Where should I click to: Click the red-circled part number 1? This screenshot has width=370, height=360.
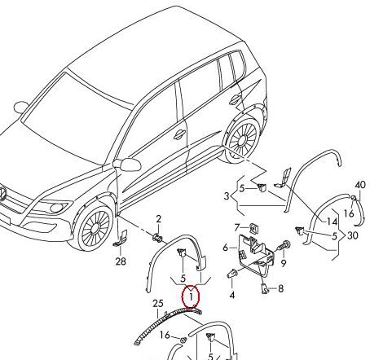pyautogui.click(x=192, y=296)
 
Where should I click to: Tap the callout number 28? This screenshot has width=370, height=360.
pyautogui.click(x=121, y=261)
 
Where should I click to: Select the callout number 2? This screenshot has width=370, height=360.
pyautogui.click(x=159, y=219)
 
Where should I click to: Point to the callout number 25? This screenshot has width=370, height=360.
pyautogui.click(x=158, y=304)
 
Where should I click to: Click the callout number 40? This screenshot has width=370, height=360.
pyautogui.click(x=360, y=185)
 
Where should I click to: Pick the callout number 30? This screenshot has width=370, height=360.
pyautogui.click(x=353, y=235)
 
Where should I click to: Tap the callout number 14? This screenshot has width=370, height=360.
pyautogui.click(x=332, y=222)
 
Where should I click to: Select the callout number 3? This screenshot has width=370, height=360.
pyautogui.click(x=227, y=196)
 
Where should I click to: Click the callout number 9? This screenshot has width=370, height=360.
pyautogui.click(x=284, y=263)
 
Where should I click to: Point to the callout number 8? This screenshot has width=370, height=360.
pyautogui.click(x=280, y=288)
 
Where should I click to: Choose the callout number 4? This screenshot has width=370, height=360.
pyautogui.click(x=232, y=295)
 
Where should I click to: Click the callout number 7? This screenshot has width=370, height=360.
pyautogui.click(x=237, y=227)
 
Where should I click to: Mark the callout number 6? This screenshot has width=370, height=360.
pyautogui.click(x=226, y=248)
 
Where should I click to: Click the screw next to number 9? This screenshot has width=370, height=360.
pyautogui.click(x=284, y=246)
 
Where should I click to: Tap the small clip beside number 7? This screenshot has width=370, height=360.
pyautogui.click(x=253, y=229)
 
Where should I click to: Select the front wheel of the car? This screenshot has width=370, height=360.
pyautogui.click(x=93, y=226)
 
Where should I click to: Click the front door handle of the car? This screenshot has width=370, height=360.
pyautogui.click(x=179, y=134)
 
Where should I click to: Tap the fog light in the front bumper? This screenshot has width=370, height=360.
pyautogui.click(x=56, y=208)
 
